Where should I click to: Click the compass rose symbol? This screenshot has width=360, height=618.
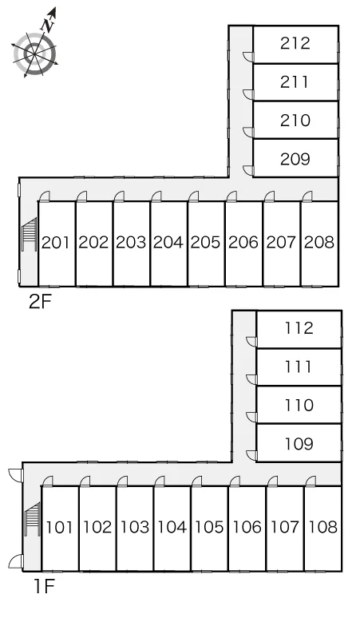(35, 53)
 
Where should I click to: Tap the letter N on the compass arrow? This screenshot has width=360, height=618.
(48, 26)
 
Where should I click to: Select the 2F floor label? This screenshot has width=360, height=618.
(40, 302)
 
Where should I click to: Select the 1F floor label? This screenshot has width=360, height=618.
(43, 587)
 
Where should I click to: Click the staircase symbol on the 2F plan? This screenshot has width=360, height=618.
(30, 235)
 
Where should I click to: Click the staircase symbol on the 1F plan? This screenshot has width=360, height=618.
(33, 519)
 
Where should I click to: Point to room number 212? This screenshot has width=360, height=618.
(295, 43)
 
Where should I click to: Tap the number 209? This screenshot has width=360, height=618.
(295, 159)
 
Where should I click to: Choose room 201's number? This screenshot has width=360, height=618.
(57, 243)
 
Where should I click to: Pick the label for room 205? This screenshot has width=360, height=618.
(206, 243)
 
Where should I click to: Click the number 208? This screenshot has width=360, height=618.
(319, 243)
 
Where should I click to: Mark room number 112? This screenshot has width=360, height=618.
(299, 328)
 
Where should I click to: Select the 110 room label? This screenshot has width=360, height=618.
(299, 405)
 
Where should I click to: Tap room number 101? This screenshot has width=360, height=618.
(60, 527)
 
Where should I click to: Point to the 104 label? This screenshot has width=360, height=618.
(172, 527)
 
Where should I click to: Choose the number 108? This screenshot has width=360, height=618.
(323, 527)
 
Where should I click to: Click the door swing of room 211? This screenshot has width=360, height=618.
(248, 94)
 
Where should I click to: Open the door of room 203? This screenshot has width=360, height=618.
(119, 196)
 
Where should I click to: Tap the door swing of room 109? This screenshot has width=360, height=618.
(251, 456)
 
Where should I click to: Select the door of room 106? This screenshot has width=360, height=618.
(235, 481)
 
